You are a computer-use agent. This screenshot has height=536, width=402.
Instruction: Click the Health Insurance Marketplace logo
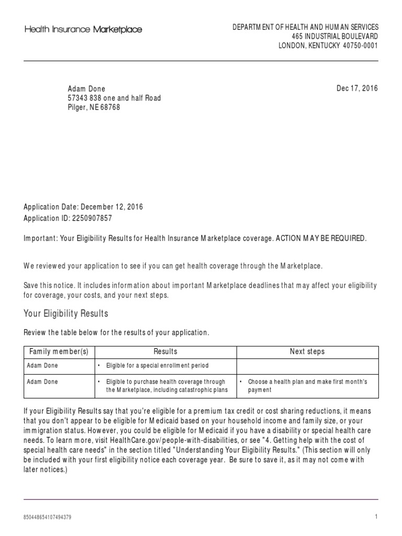pyautogui.click(x=83, y=30)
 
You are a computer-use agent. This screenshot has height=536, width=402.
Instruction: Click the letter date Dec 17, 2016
pyautogui.click(x=357, y=88)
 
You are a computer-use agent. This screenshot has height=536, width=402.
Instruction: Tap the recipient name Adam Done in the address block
pyautogui.click(x=86, y=89)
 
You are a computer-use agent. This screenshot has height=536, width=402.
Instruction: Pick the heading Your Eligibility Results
pyautogui.click(x=66, y=314)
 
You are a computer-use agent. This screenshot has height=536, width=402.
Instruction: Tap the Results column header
pyautogui.click(x=165, y=352)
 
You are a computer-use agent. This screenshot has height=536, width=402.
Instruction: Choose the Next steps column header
pyautogui.click(x=307, y=352)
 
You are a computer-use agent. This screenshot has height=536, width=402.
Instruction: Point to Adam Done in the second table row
pyautogui.click(x=42, y=382)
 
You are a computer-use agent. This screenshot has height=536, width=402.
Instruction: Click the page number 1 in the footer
pyautogui.click(x=376, y=517)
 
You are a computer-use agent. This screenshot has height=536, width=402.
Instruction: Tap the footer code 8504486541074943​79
pyautogui.click(x=48, y=517)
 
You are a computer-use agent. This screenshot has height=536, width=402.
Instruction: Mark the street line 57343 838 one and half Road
pyautogui.click(x=114, y=98)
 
